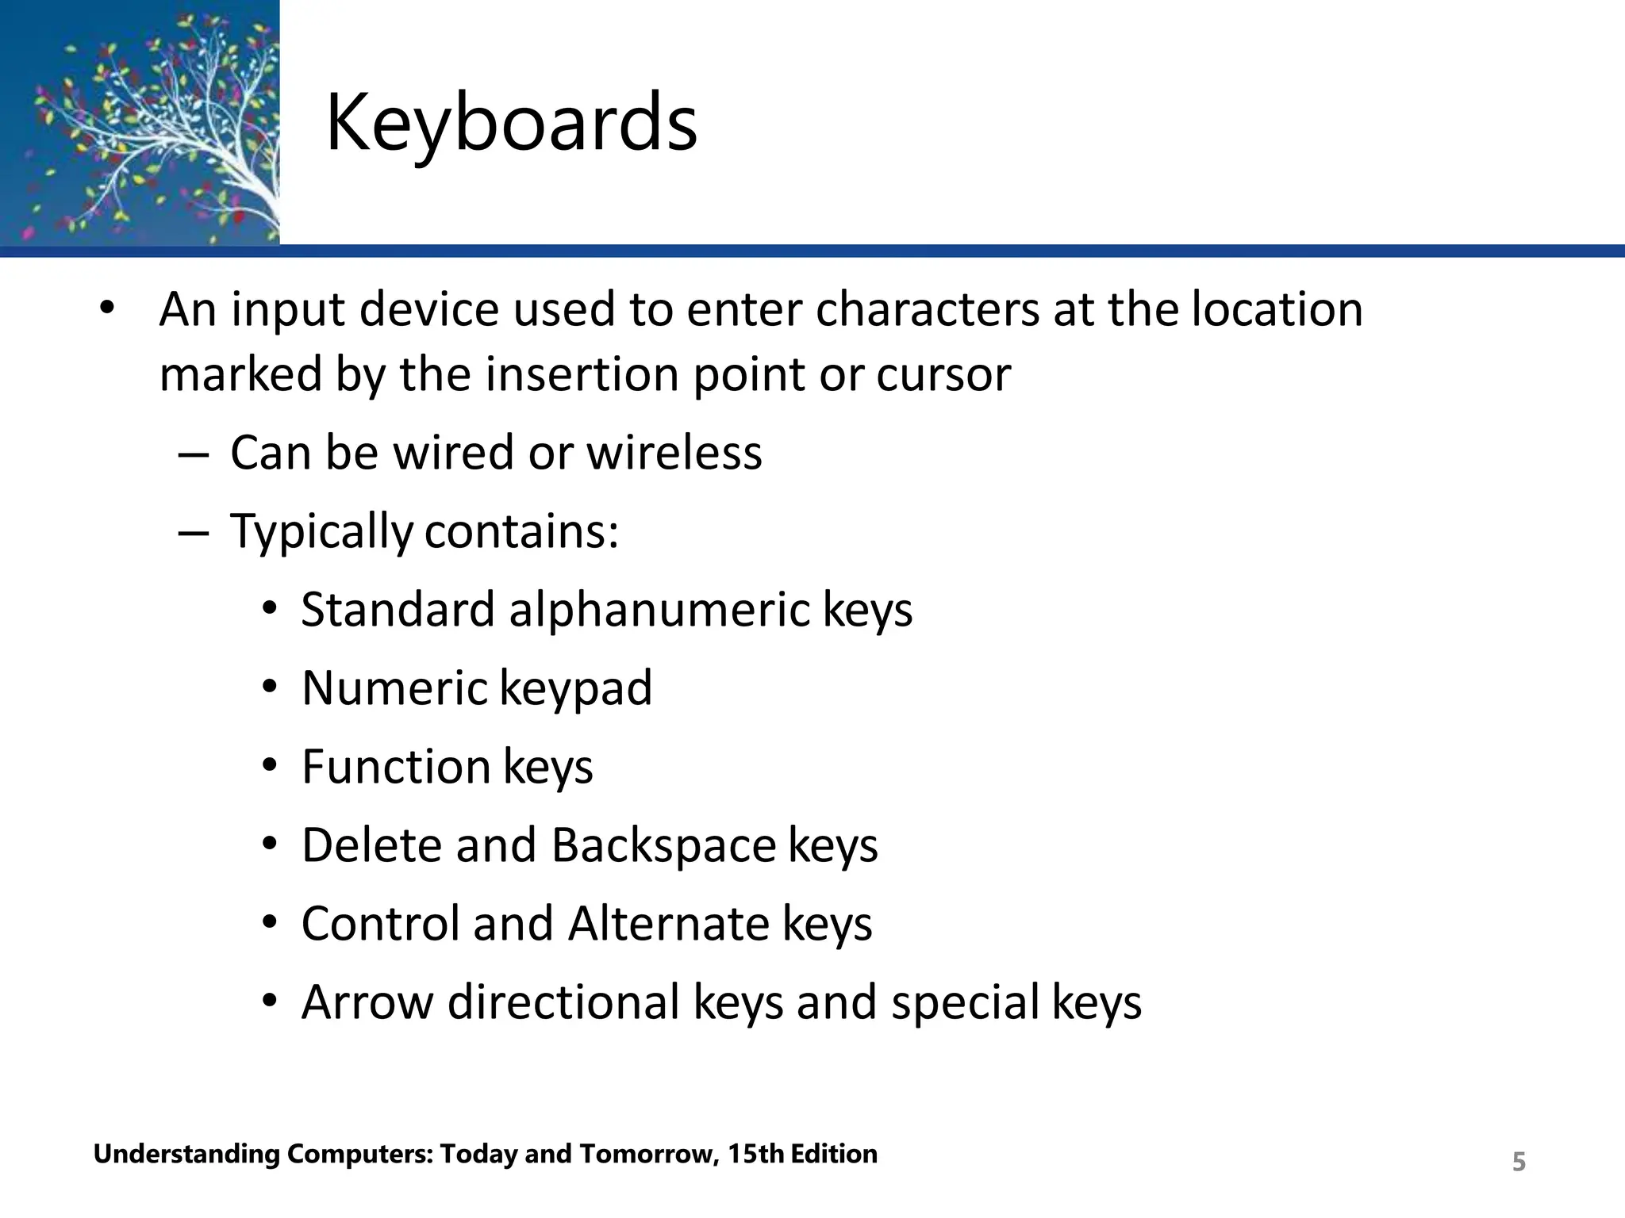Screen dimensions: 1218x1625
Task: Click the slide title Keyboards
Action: [x=511, y=123]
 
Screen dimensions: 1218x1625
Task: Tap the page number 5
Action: [x=1518, y=1162]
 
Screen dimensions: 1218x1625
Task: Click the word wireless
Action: [x=674, y=453]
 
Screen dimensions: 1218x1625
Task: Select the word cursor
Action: [x=943, y=374]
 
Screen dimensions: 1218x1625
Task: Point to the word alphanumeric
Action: [x=659, y=610]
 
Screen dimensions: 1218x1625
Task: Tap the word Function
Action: [x=396, y=767]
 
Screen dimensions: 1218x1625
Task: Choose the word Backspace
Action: [x=663, y=845]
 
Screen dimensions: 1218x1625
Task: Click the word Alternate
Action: [x=668, y=924]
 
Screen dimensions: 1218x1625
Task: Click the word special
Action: [x=965, y=1002]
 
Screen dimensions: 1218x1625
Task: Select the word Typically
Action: [x=321, y=531]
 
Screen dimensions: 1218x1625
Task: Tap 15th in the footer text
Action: [x=756, y=1154]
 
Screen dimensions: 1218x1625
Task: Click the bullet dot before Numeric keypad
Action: [x=270, y=688]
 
